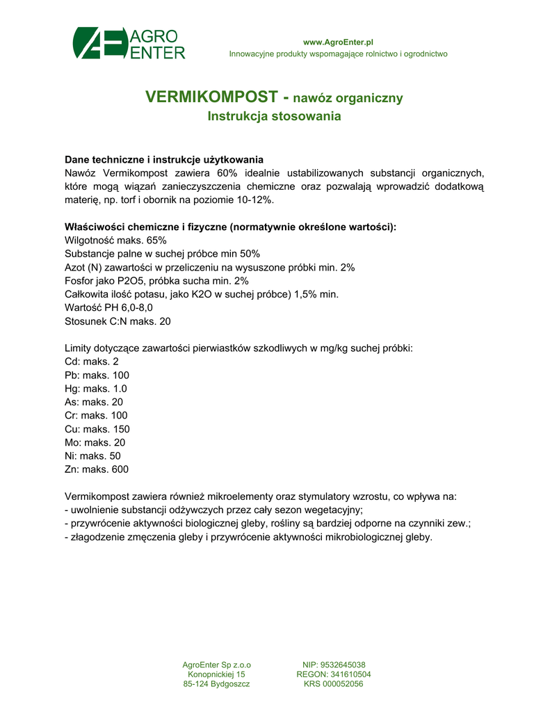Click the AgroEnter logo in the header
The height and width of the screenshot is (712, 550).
(x=129, y=44)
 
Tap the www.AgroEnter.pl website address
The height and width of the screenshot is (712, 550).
(x=338, y=42)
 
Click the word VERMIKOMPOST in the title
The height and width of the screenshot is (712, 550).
(x=211, y=97)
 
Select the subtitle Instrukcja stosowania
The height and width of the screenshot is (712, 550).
(x=274, y=116)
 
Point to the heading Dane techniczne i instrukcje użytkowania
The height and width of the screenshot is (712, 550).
(x=163, y=159)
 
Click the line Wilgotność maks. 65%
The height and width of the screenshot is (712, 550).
(x=115, y=240)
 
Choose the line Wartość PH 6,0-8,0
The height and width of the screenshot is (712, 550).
(x=108, y=308)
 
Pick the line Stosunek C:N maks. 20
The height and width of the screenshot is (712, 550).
(x=118, y=321)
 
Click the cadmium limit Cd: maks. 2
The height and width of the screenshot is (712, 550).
(x=92, y=362)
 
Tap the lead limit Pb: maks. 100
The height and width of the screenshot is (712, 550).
(x=97, y=375)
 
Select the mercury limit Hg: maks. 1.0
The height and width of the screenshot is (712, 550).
(x=96, y=389)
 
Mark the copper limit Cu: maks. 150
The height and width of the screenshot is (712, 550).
(x=97, y=429)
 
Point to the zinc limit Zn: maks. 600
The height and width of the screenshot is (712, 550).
(x=97, y=469)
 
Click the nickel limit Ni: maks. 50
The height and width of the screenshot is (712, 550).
(x=92, y=456)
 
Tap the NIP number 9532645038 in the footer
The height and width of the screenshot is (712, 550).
(x=334, y=665)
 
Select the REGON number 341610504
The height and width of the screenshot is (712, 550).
(x=334, y=674)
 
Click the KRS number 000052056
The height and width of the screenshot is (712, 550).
(x=334, y=684)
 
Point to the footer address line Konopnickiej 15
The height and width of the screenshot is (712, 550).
(x=216, y=674)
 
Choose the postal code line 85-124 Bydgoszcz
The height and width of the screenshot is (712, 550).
(x=216, y=684)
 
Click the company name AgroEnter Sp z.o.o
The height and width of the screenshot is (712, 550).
(x=216, y=665)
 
